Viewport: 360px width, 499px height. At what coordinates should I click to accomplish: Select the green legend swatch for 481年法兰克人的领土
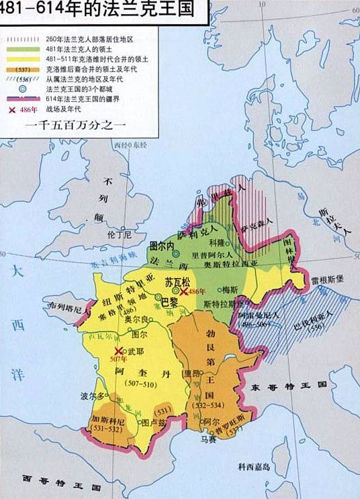(22, 48)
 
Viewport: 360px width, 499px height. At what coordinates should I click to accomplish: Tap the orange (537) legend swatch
(22, 68)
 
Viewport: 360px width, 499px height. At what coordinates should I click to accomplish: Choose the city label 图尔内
(160, 246)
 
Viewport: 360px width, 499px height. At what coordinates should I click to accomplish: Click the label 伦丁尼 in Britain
(117, 236)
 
